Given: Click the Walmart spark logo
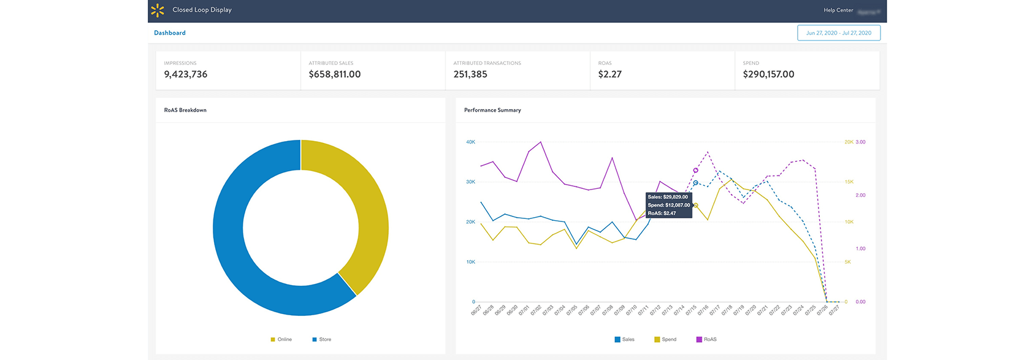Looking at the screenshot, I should click(158, 10).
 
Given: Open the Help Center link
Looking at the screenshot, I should click(838, 10).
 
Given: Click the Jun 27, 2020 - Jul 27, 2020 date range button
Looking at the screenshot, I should click(838, 33).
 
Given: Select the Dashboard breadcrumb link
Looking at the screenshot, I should click(170, 33).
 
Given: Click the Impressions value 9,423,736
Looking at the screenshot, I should click(186, 74).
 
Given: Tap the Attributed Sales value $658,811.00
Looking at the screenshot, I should click(334, 74).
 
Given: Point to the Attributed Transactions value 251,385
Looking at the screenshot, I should click(470, 74).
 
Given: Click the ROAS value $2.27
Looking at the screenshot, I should click(609, 74).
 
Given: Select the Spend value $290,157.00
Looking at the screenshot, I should click(768, 74).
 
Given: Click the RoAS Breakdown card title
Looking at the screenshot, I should click(185, 110).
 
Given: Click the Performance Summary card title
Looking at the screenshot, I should click(492, 110).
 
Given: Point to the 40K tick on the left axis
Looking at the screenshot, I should click(470, 142).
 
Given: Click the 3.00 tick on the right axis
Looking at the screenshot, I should click(860, 142).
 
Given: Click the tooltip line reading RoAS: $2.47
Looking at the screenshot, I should click(662, 213).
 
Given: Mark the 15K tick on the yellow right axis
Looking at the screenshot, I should click(849, 182).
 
